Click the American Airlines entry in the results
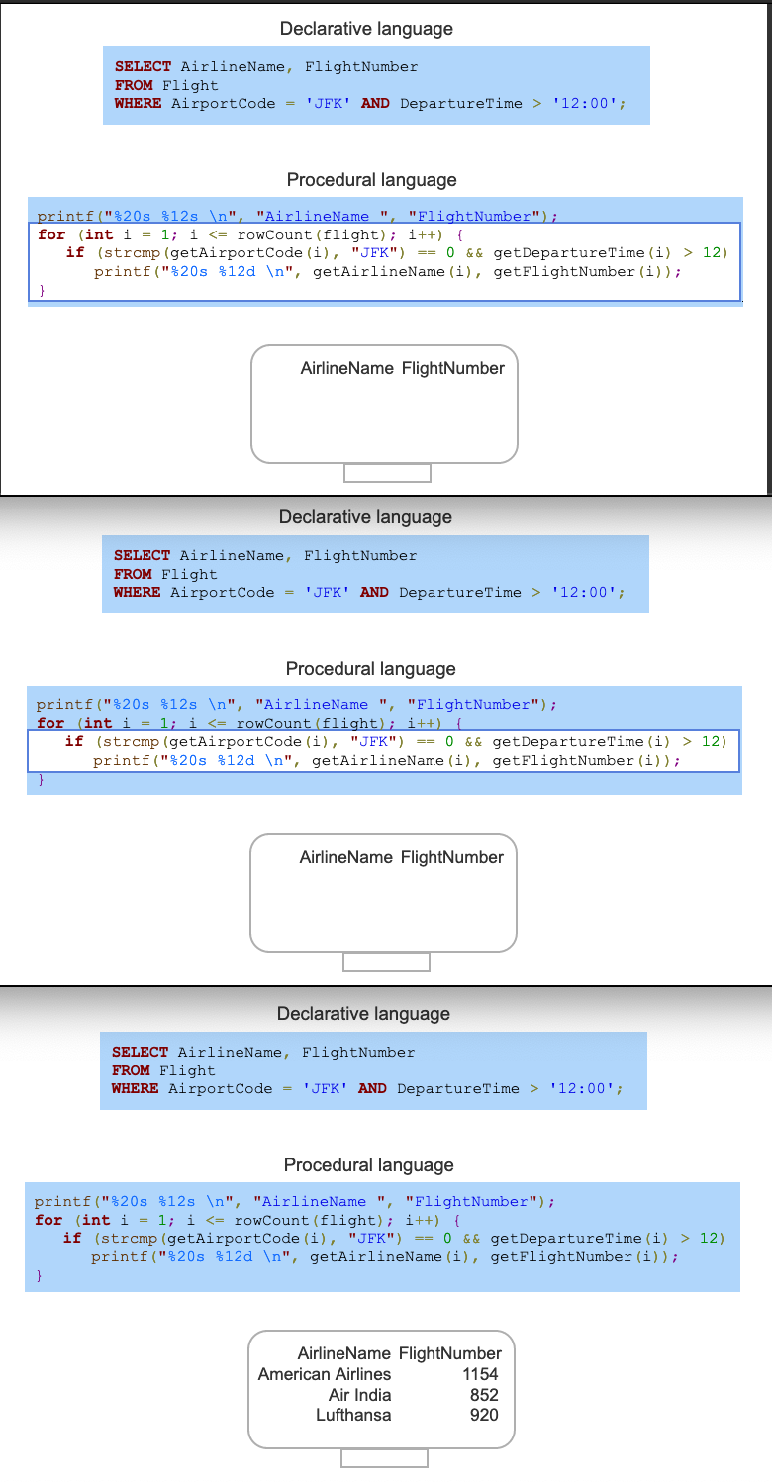(325, 1374)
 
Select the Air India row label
(359, 1395)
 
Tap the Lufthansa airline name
(353, 1415)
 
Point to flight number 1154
(480, 1374)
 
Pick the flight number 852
(484, 1395)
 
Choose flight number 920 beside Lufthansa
(484, 1415)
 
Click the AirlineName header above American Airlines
(344, 1353)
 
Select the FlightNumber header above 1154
(450, 1353)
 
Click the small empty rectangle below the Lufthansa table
(384, 1458)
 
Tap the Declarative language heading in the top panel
(366, 29)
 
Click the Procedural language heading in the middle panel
(371, 669)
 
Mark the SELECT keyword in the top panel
(144, 67)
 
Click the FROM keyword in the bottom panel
(132, 1070)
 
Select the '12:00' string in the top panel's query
(589, 103)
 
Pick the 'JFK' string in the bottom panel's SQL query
(326, 1089)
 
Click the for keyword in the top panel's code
(51, 234)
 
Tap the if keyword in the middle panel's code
(74, 742)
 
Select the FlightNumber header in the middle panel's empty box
(452, 857)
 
